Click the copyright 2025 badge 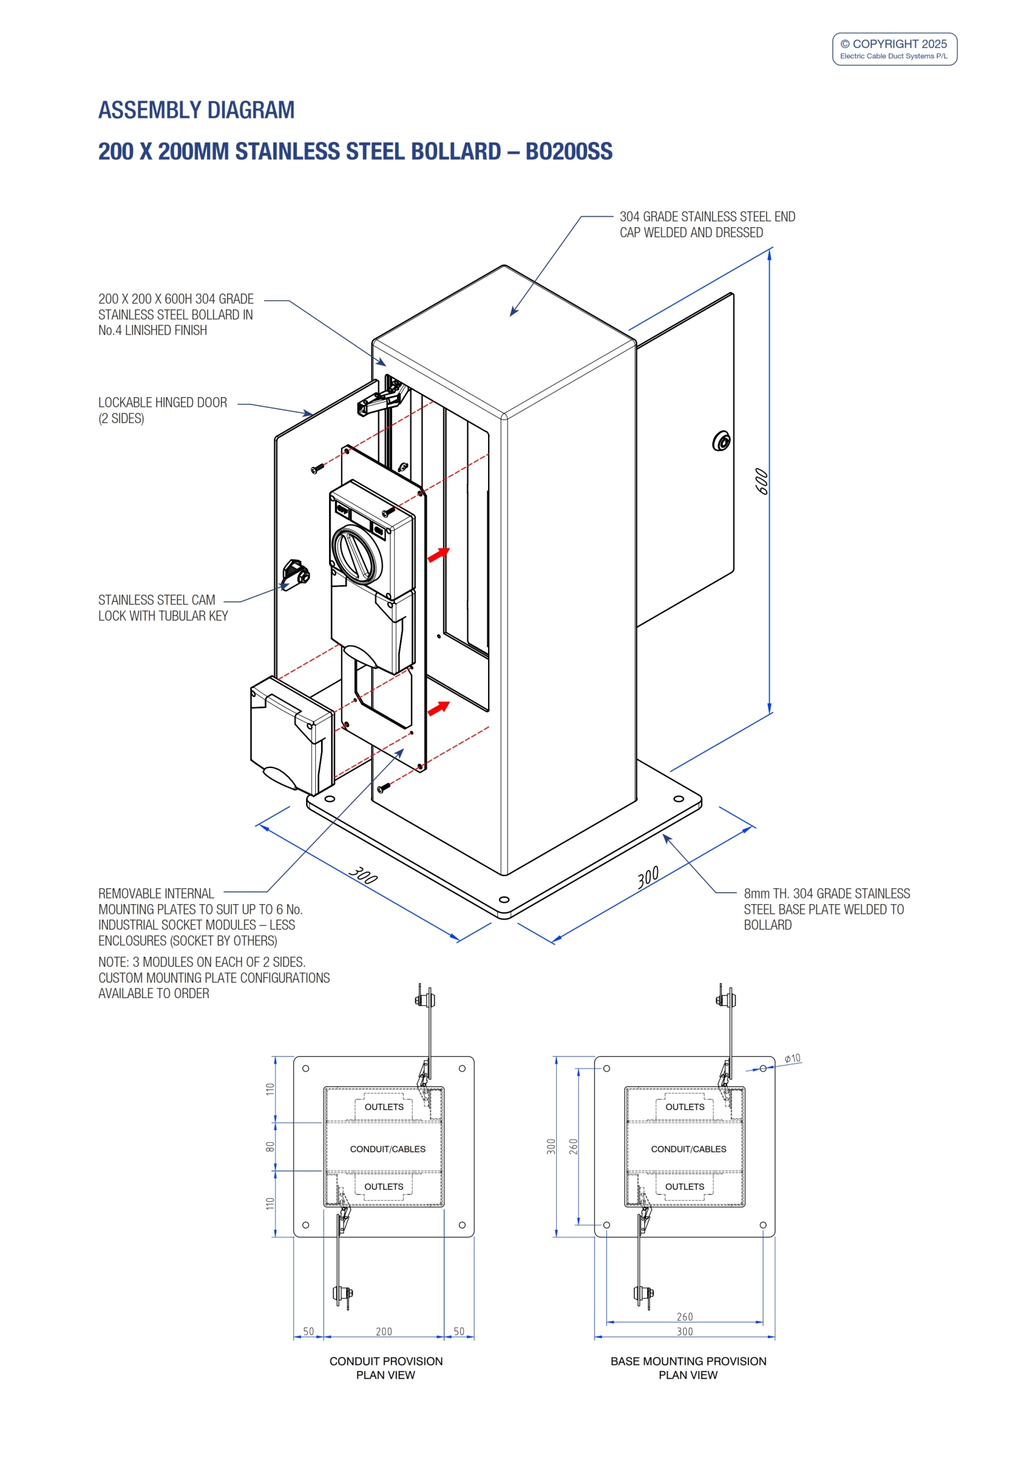pos(894,49)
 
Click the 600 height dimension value pos(762,482)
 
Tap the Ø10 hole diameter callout pos(792,1059)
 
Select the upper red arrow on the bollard pos(438,555)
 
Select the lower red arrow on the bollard pos(438,708)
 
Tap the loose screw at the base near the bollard pos(383,788)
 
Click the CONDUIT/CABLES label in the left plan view pos(387,1149)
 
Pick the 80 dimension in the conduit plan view pos(270,1147)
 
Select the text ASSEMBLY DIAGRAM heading pos(196,110)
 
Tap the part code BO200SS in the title pos(569,152)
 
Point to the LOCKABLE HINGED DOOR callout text pos(162,410)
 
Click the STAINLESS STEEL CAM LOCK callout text pos(162,607)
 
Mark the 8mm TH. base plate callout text pos(826,909)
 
